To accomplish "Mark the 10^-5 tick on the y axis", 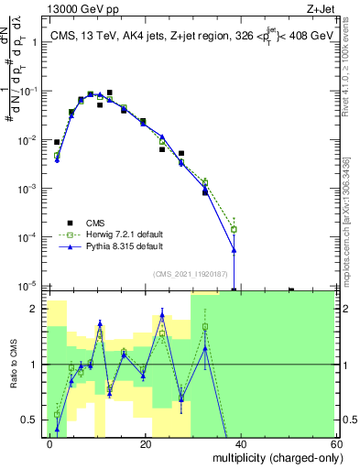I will tap(31, 286).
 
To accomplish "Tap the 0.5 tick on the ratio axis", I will tap(34, 420).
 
